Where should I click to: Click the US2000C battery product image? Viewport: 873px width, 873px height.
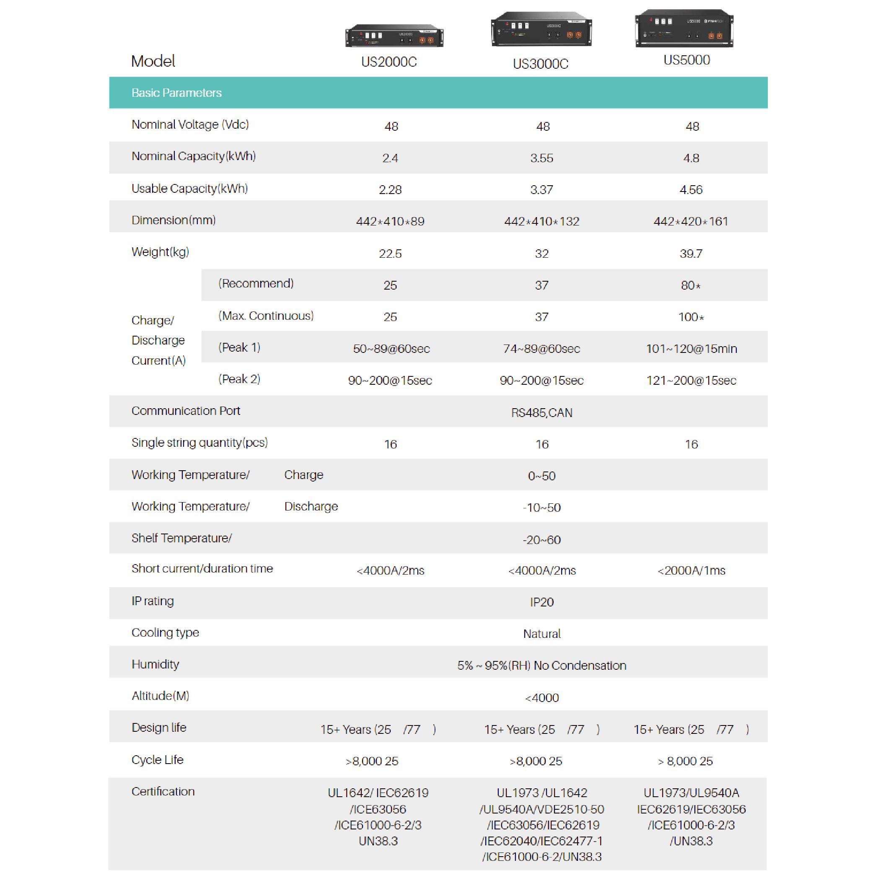tap(394, 36)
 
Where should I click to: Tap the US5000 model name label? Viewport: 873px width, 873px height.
tap(686, 60)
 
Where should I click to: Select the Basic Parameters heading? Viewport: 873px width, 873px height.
tap(176, 93)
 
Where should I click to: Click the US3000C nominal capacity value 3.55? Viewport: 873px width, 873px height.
tap(541, 158)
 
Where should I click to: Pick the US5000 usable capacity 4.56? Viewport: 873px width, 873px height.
tap(691, 190)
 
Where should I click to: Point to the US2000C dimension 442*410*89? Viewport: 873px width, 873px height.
tap(390, 221)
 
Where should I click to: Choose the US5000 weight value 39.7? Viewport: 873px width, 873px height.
tap(691, 254)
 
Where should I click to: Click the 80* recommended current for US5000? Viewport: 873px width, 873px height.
tap(690, 285)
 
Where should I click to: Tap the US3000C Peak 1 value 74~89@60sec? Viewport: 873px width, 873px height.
tap(541, 348)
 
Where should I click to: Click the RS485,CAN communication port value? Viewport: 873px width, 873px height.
tap(541, 412)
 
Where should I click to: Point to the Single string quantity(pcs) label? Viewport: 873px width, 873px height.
tap(199, 443)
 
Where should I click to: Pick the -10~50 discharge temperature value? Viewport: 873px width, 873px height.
tap(541, 508)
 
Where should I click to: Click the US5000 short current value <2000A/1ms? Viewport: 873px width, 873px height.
tap(691, 570)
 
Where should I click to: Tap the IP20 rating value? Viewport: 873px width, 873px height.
tap(541, 602)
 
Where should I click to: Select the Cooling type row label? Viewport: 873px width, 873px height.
tap(165, 632)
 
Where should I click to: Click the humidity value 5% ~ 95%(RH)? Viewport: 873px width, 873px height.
tap(541, 665)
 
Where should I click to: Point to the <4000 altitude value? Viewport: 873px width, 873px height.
tap(541, 698)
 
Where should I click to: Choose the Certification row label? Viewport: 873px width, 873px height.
tap(163, 791)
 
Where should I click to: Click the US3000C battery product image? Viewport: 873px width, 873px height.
tap(541, 29)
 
